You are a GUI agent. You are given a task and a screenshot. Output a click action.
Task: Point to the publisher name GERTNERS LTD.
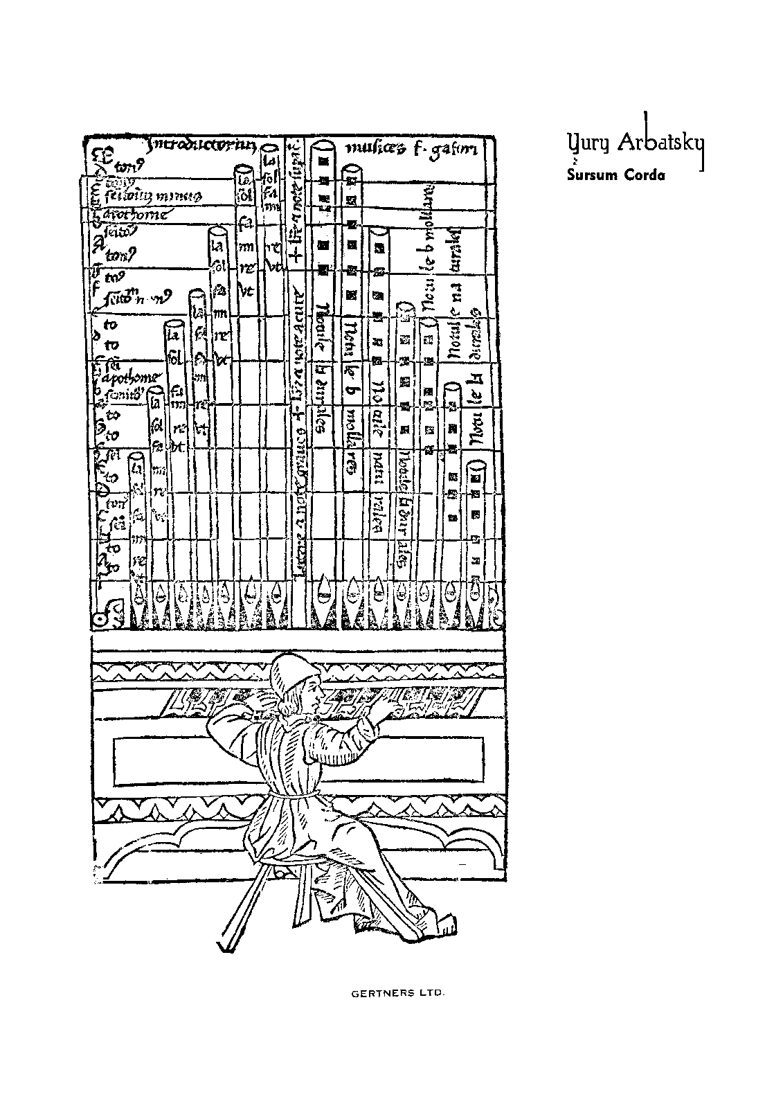pos(398,993)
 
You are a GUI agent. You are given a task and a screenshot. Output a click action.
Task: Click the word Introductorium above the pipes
pos(201,145)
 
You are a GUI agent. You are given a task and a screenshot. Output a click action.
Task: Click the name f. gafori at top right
pos(443,148)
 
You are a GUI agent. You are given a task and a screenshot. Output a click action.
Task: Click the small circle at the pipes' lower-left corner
pos(100,618)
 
